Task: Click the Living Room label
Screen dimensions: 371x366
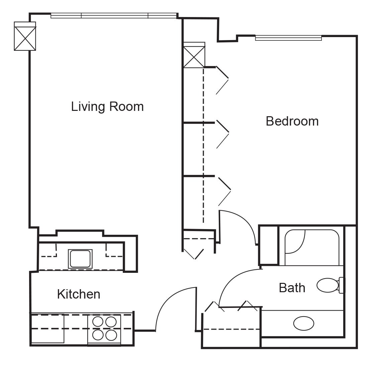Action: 107,107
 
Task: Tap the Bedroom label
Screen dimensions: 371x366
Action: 292,121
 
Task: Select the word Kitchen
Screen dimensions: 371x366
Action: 79,294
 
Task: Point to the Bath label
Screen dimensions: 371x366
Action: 292,288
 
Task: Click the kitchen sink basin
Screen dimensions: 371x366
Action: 80,258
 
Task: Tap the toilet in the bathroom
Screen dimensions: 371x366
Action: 330,285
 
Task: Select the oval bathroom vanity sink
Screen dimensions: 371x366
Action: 303,323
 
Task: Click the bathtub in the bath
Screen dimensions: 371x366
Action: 311,247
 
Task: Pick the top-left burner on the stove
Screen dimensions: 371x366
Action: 98,322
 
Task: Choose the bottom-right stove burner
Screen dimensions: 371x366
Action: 111,335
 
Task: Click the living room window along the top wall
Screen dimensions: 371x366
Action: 114,16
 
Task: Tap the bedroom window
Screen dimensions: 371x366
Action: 288,38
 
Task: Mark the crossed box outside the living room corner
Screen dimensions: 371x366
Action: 25,36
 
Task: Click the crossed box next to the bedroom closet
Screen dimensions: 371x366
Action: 194,55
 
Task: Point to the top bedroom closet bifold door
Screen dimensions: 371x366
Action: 222,80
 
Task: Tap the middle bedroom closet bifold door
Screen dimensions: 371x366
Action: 223,134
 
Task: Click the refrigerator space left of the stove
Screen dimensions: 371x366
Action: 48,329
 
